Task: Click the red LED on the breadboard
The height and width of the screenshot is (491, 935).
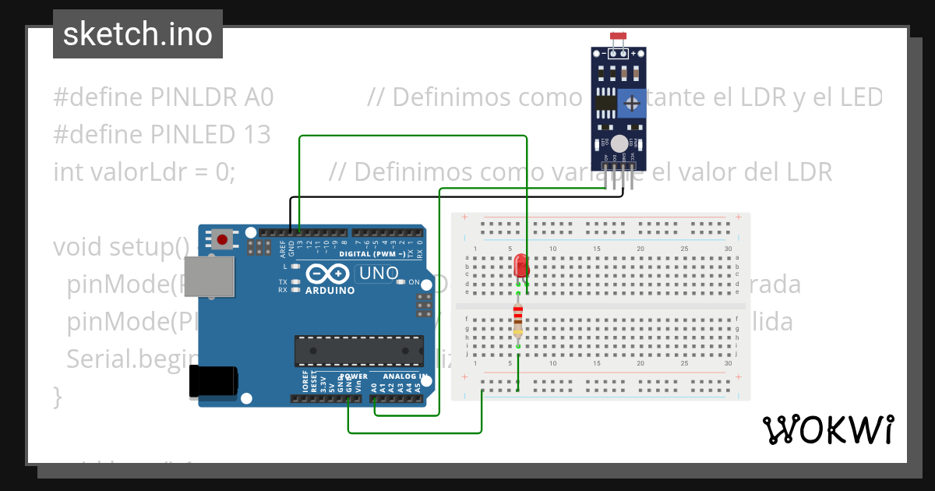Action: click(521, 266)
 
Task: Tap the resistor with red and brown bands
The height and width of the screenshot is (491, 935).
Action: click(518, 320)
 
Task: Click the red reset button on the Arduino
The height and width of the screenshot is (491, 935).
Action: click(223, 239)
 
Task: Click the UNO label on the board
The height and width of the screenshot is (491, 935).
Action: click(378, 274)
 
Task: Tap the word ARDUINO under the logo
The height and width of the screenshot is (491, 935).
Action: click(330, 291)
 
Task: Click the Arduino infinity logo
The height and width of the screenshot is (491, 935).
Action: click(328, 274)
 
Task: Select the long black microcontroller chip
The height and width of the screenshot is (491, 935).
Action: click(358, 351)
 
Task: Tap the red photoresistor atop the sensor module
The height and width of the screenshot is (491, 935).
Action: click(619, 37)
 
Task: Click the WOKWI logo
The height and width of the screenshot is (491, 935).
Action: click(827, 429)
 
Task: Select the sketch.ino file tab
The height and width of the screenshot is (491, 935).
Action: click(138, 34)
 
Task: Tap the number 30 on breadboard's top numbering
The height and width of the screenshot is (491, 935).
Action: click(727, 249)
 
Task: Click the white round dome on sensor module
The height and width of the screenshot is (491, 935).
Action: click(619, 143)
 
